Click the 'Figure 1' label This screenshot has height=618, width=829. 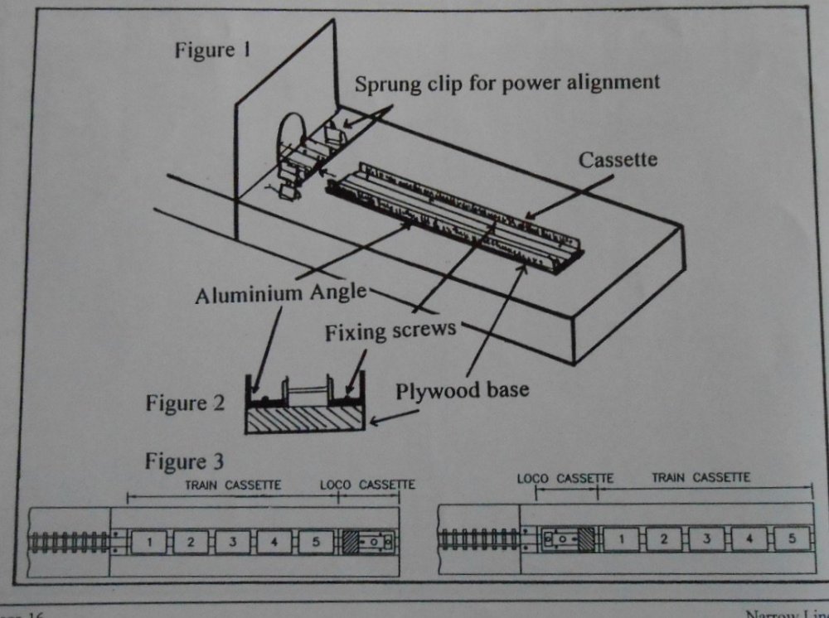(x=211, y=50)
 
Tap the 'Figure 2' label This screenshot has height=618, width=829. (x=185, y=403)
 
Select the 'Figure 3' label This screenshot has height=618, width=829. (x=184, y=461)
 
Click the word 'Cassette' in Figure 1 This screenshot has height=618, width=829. (x=617, y=160)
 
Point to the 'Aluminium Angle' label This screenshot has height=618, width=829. (x=279, y=294)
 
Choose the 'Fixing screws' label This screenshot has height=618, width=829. (x=390, y=331)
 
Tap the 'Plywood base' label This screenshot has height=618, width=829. (x=463, y=390)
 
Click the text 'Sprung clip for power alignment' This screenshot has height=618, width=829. (x=507, y=82)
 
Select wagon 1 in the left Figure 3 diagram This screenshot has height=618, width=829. (x=148, y=542)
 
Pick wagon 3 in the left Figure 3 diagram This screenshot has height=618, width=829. (x=232, y=542)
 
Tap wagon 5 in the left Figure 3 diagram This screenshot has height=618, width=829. (x=315, y=542)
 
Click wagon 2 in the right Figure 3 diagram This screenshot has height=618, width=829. (x=664, y=538)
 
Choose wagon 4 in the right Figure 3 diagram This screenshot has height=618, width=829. (x=749, y=538)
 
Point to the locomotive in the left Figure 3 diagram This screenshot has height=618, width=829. (x=367, y=543)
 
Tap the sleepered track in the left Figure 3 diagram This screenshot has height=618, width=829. (x=70, y=542)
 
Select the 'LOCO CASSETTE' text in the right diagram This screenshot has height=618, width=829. (x=565, y=479)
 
